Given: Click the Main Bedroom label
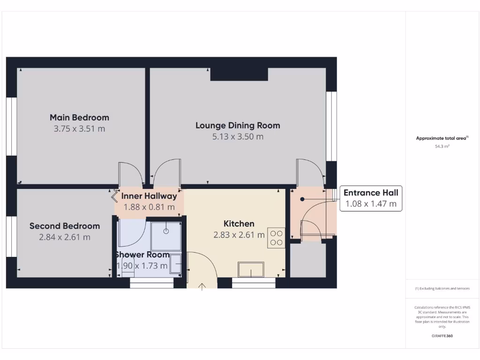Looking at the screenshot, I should click(x=79, y=117).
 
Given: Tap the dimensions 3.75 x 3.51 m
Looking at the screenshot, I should click(x=79, y=128).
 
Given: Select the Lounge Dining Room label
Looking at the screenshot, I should click(x=238, y=125).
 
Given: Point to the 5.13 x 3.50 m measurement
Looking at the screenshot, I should click(x=238, y=137).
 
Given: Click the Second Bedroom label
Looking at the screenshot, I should click(x=65, y=226).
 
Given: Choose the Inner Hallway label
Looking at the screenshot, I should click(x=149, y=196).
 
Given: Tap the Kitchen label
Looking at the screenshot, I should click(x=239, y=224).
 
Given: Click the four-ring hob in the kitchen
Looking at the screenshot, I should click(x=277, y=238).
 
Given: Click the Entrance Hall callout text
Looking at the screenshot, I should click(x=371, y=193).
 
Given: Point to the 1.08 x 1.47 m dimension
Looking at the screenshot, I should click(x=371, y=204).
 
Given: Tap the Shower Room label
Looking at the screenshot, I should click(x=142, y=255).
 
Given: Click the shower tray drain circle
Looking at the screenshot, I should click(x=165, y=232).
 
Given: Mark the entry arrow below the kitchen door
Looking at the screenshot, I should click(x=202, y=286).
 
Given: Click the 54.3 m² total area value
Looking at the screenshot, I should click(x=442, y=146).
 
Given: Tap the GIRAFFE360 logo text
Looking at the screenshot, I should click(x=442, y=336).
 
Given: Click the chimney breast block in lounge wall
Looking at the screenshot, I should click(x=239, y=74).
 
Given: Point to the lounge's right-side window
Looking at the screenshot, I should click(x=331, y=126).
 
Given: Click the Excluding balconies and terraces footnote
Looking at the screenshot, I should click(x=442, y=289).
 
